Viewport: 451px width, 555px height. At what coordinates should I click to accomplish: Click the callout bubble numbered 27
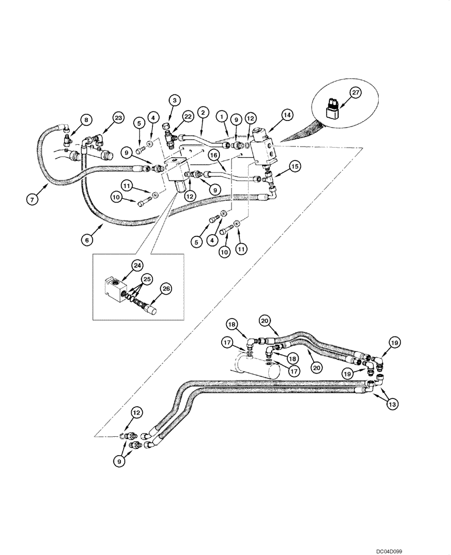tap(355, 92)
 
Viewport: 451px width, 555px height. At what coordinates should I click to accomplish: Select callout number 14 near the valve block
tap(287, 115)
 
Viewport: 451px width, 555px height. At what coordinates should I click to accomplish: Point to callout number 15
tap(294, 165)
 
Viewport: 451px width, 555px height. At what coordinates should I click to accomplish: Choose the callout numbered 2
tap(203, 113)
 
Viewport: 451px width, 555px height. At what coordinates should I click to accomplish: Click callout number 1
tap(222, 117)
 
